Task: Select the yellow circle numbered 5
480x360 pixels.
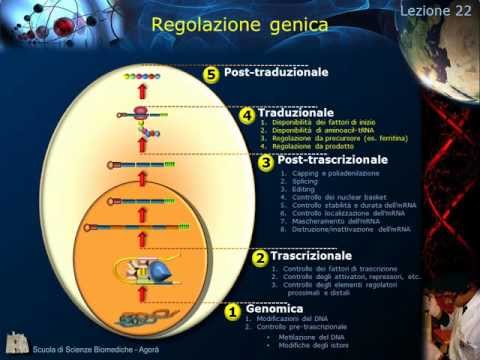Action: tap(211, 74)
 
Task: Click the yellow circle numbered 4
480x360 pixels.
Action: tap(246, 116)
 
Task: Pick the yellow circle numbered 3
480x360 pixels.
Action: tap(266, 162)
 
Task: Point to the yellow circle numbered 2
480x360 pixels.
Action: tap(258, 258)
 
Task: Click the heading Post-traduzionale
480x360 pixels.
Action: tap(276, 73)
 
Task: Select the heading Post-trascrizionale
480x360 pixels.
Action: tap(331, 160)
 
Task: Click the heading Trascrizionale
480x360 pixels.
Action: tap(308, 256)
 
